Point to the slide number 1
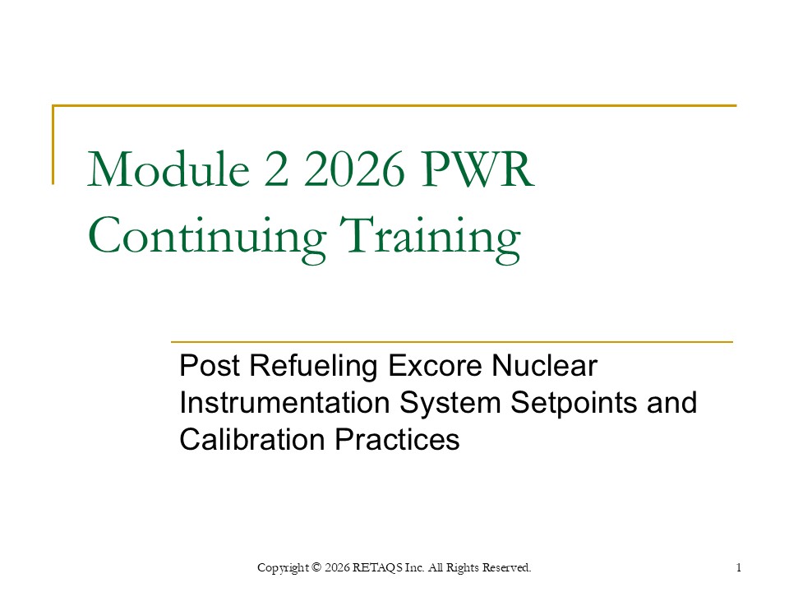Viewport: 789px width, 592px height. coord(740,567)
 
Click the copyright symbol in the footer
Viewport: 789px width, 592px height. coord(316,567)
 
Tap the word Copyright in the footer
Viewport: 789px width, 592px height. coord(284,567)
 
